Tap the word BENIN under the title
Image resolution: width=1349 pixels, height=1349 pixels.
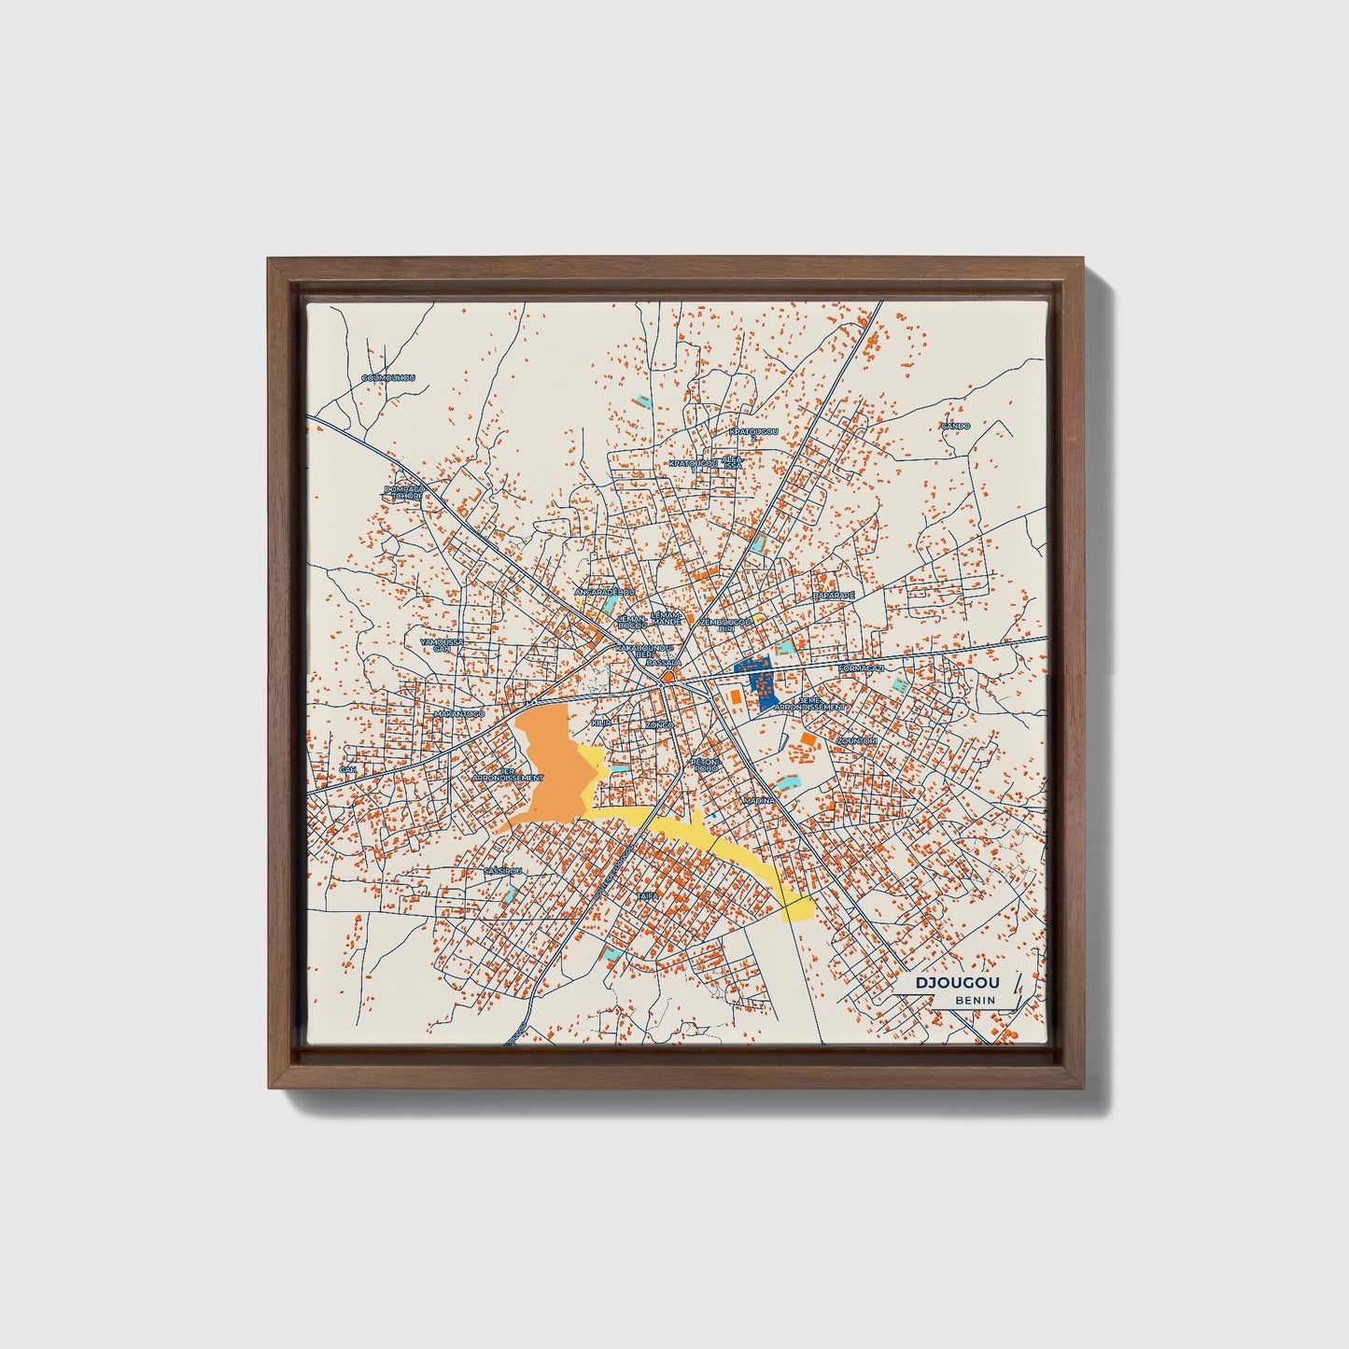(x=975, y=1000)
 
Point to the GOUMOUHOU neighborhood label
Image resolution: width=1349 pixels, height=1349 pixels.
(x=387, y=378)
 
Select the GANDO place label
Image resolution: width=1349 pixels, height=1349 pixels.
(x=955, y=426)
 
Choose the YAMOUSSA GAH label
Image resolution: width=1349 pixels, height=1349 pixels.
(x=440, y=645)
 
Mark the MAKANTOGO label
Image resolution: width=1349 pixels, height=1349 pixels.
(x=459, y=714)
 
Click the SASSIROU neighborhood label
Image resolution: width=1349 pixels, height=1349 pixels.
(x=503, y=870)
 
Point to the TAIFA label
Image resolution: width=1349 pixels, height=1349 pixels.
(x=648, y=895)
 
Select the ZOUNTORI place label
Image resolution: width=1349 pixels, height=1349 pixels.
(x=857, y=740)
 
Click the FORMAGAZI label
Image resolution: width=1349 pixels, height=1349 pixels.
(x=861, y=669)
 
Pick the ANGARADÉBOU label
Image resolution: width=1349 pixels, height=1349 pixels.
(x=604, y=592)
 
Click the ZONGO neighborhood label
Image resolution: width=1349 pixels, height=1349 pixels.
(x=659, y=724)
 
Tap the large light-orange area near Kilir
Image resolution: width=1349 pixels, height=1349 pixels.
(x=551, y=766)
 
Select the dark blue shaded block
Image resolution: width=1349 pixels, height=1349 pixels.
(x=756, y=680)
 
